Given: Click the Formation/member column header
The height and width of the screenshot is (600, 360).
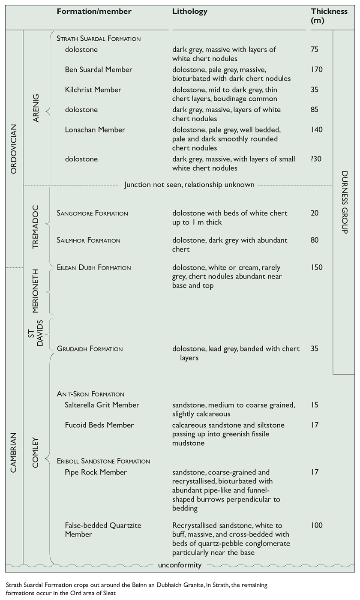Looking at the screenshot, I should click(x=94, y=12).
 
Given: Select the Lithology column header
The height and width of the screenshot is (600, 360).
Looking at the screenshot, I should click(x=189, y=12).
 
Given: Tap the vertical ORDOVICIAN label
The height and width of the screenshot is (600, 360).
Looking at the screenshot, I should click(x=13, y=149).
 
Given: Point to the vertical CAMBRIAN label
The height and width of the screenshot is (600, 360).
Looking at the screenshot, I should click(x=13, y=452).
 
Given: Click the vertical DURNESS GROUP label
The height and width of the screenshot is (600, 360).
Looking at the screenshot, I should click(x=344, y=202).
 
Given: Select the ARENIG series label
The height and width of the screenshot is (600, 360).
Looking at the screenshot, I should click(x=36, y=108).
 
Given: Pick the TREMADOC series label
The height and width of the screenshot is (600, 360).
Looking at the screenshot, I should click(x=36, y=227).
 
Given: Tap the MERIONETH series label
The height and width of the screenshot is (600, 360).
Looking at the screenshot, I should click(x=36, y=291).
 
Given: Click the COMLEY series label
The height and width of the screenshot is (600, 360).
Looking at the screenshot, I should click(x=36, y=452).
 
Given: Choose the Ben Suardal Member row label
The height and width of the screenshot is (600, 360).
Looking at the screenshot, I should click(x=99, y=70).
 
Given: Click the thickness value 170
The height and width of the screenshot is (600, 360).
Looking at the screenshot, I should click(x=317, y=70).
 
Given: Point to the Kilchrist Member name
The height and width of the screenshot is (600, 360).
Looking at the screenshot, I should click(x=93, y=90).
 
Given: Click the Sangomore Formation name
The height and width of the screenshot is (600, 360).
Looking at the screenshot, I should click(x=92, y=213).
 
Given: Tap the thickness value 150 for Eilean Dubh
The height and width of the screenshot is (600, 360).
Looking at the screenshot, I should click(x=317, y=268).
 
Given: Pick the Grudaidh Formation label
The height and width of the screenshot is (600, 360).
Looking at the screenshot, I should click(x=90, y=349).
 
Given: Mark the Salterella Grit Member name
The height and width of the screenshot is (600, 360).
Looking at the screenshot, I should click(x=102, y=405).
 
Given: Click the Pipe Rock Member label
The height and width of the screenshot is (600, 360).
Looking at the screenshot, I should click(x=96, y=472).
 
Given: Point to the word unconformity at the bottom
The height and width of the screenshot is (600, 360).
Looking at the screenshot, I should click(x=180, y=565).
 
